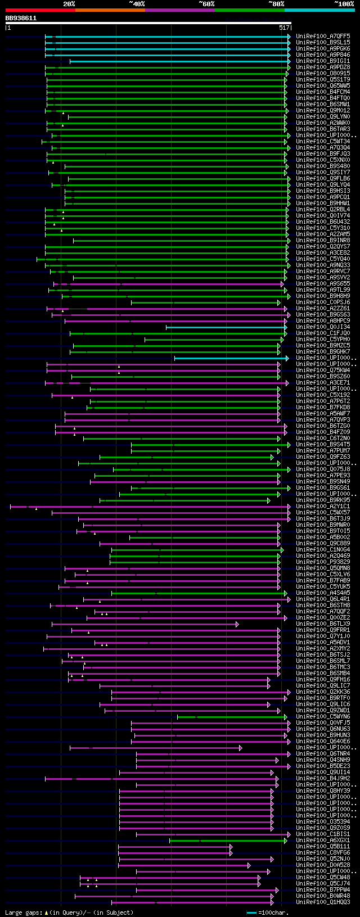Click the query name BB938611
click(21, 18)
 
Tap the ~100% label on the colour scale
click(344, 3)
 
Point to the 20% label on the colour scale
click(69, 3)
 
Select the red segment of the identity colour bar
click(40, 10)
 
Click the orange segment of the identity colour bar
click(110, 10)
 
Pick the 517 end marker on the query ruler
click(284, 27)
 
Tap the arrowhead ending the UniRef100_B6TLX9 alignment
click(237, 624)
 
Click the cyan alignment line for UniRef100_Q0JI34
click(225, 327)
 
